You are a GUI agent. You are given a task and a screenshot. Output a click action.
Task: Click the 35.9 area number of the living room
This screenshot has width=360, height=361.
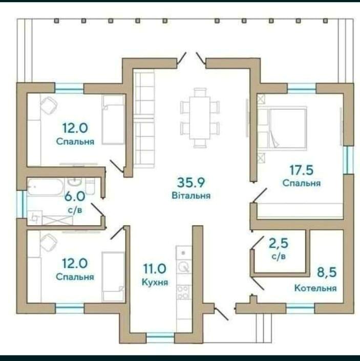[191, 183]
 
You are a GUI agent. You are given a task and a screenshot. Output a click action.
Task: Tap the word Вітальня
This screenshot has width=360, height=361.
[191, 196]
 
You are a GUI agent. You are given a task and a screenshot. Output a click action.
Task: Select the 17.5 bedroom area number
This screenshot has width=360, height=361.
[301, 170]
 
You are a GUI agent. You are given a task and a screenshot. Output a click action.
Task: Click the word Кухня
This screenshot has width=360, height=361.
[155, 282]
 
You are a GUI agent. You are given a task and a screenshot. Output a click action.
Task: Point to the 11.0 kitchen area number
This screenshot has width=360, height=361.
[155, 268]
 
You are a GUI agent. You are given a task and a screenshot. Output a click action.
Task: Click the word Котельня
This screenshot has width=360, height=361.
[315, 288]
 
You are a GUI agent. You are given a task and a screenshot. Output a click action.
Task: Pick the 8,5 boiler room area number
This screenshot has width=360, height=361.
[327, 272]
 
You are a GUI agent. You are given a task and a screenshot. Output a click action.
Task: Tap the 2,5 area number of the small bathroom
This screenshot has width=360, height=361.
[279, 243]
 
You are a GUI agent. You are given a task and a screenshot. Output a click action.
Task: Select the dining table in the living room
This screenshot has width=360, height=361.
[200, 118]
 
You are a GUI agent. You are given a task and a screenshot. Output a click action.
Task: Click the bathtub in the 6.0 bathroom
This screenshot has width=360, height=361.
[46, 187]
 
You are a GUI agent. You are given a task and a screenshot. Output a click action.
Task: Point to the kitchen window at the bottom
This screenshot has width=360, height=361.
[160, 338]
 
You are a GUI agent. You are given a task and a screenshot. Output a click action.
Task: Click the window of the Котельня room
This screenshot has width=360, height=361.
[300, 308]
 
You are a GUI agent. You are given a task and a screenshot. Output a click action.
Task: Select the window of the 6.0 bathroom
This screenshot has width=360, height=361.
[22, 204]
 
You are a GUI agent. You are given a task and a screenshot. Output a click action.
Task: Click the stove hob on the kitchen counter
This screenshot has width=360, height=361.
[183, 292]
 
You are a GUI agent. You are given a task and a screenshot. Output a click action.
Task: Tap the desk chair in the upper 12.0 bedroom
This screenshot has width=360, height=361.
[49, 105]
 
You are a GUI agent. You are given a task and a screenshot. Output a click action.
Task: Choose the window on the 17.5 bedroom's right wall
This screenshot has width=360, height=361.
[348, 160]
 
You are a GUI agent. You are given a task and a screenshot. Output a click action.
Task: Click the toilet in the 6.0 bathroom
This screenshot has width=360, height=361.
[90, 186]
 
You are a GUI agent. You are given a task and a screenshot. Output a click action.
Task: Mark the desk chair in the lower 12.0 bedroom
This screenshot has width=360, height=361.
[49, 242]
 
